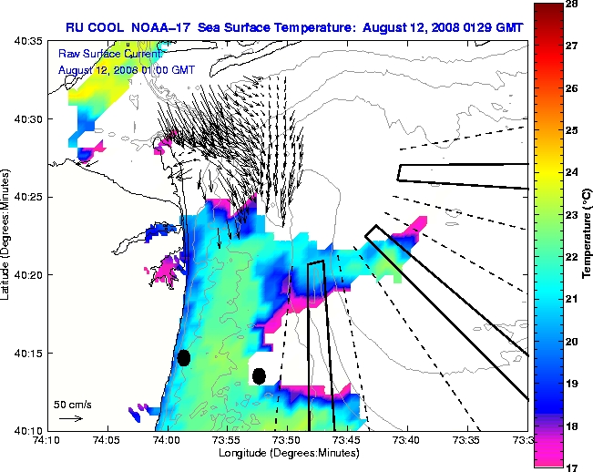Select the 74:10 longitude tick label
tap(47, 439)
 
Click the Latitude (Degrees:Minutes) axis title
tap(7, 235)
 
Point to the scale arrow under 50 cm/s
tap(70, 418)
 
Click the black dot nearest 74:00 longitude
tap(183, 357)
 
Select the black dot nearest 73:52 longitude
tap(259, 375)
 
